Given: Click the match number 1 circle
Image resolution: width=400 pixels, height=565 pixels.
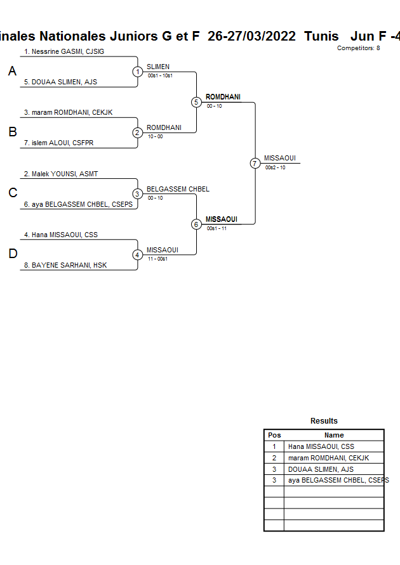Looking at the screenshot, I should click(138, 72).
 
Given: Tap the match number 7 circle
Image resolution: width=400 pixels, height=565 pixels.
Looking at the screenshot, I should click(255, 163).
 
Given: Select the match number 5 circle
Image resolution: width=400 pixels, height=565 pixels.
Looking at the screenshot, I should click(196, 102).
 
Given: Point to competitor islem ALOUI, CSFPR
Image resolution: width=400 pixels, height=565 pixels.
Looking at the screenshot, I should click(58, 143).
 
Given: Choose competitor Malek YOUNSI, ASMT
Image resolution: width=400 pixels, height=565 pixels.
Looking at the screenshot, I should click(61, 174).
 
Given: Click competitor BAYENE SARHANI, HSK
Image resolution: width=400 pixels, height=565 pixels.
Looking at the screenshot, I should click(65, 265).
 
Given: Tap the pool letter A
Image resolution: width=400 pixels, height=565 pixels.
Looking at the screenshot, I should click(12, 72).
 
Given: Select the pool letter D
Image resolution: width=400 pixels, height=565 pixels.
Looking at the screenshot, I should click(12, 254).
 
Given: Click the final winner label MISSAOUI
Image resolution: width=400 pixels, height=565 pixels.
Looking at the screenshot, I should click(280, 159).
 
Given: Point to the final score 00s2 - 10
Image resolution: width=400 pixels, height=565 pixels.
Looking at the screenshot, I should click(276, 167).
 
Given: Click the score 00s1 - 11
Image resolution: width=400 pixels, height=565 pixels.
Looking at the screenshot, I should click(217, 228).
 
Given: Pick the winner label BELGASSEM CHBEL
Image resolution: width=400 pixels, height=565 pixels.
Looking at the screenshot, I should click(178, 189).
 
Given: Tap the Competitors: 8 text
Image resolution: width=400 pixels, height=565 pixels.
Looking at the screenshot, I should click(359, 48).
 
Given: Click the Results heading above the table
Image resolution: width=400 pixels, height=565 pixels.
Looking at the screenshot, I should click(324, 421).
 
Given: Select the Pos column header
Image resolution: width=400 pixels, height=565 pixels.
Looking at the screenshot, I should click(274, 435).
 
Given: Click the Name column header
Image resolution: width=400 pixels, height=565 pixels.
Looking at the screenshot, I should click(334, 435).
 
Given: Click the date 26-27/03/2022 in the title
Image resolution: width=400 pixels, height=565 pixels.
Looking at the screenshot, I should click(251, 36).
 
